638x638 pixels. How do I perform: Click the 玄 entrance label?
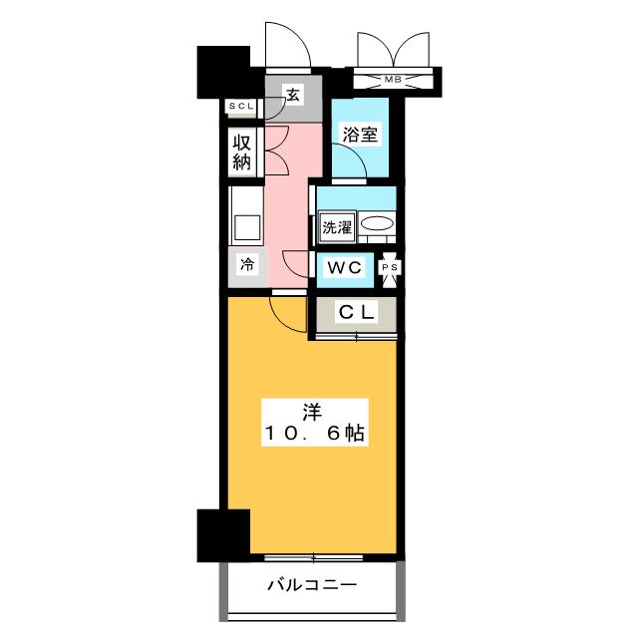tap(294, 96)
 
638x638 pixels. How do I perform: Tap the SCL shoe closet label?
tap(242, 107)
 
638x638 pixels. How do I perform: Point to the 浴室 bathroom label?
tap(360, 135)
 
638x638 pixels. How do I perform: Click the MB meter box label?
tap(396, 79)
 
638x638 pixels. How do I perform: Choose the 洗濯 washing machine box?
tap(336, 226)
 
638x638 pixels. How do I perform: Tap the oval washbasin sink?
tap(376, 225)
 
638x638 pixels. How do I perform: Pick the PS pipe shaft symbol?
tap(391, 268)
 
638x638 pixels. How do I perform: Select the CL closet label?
tap(357, 313)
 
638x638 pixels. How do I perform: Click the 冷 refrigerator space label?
tap(246, 265)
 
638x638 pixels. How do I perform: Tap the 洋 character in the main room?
tap(313, 410)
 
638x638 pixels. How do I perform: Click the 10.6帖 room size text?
tap(313, 434)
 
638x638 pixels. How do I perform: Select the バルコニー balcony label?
tap(311, 585)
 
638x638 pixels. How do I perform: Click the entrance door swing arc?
tap(285, 45)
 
